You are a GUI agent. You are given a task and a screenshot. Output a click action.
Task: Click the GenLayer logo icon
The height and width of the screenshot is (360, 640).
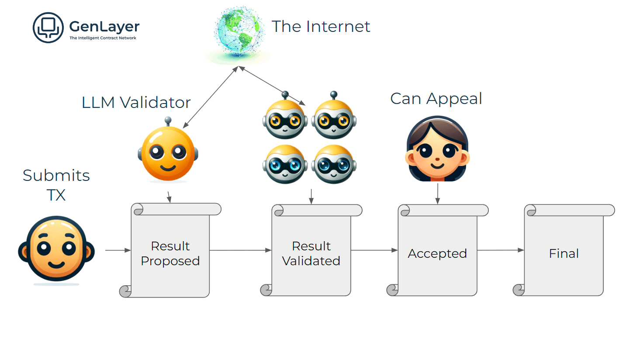(x=48, y=28)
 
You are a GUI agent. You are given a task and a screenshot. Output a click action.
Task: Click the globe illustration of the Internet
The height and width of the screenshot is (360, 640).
(x=239, y=31)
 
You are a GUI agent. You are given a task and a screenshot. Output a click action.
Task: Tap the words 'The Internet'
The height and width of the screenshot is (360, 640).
(x=321, y=27)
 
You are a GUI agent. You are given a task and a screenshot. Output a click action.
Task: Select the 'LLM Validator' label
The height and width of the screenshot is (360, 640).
(x=136, y=103)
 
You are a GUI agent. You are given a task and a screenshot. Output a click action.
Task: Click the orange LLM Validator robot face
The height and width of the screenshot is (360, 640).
(x=168, y=153)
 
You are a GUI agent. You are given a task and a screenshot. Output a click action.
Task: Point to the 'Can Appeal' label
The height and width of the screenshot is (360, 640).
(x=436, y=99)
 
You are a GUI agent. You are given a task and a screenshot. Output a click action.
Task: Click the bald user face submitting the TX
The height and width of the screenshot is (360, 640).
(x=56, y=249)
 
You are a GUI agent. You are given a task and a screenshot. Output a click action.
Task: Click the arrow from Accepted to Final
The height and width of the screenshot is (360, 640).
(x=500, y=250)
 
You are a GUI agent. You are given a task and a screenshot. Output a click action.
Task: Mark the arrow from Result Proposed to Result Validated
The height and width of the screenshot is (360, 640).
(x=240, y=250)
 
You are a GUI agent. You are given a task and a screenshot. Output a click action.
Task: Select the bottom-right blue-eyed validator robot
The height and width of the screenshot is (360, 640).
(x=334, y=164)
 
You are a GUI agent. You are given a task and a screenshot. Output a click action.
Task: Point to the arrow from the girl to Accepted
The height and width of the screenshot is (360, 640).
(x=437, y=194)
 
